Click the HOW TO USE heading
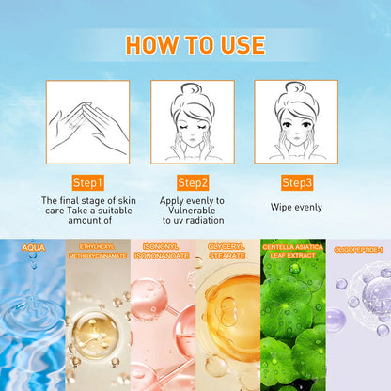[x=195, y=44]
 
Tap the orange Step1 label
[x=87, y=181]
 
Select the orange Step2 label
[x=192, y=181]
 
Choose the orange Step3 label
[x=296, y=181]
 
